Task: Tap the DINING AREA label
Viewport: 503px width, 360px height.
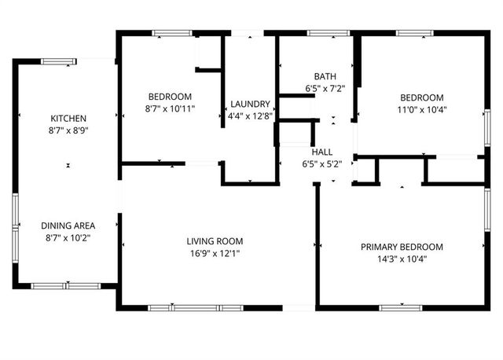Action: tap(68, 226)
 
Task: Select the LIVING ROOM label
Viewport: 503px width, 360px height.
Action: tap(215, 241)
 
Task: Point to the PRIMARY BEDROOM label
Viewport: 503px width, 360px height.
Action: tap(402, 247)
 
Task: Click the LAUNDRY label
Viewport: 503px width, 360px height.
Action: tap(250, 105)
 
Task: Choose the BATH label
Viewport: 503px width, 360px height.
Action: tap(325, 77)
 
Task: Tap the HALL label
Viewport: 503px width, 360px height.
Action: tap(322, 152)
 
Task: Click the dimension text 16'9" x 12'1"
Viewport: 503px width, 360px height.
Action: tap(215, 253)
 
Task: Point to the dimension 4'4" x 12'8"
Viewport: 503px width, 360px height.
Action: tap(250, 116)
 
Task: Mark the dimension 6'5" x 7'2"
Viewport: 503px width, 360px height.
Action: tap(325, 89)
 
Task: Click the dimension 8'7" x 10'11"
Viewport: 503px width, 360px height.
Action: tap(170, 108)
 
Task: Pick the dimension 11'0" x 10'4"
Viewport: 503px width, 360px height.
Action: tap(423, 109)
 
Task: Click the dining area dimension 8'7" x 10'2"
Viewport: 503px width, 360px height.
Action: tap(68, 237)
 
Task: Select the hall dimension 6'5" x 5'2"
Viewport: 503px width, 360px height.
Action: tap(322, 163)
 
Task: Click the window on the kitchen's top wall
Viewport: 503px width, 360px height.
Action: tap(59, 61)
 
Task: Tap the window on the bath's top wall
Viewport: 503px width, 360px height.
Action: tap(318, 33)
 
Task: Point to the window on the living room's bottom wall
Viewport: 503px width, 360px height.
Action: tap(185, 307)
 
